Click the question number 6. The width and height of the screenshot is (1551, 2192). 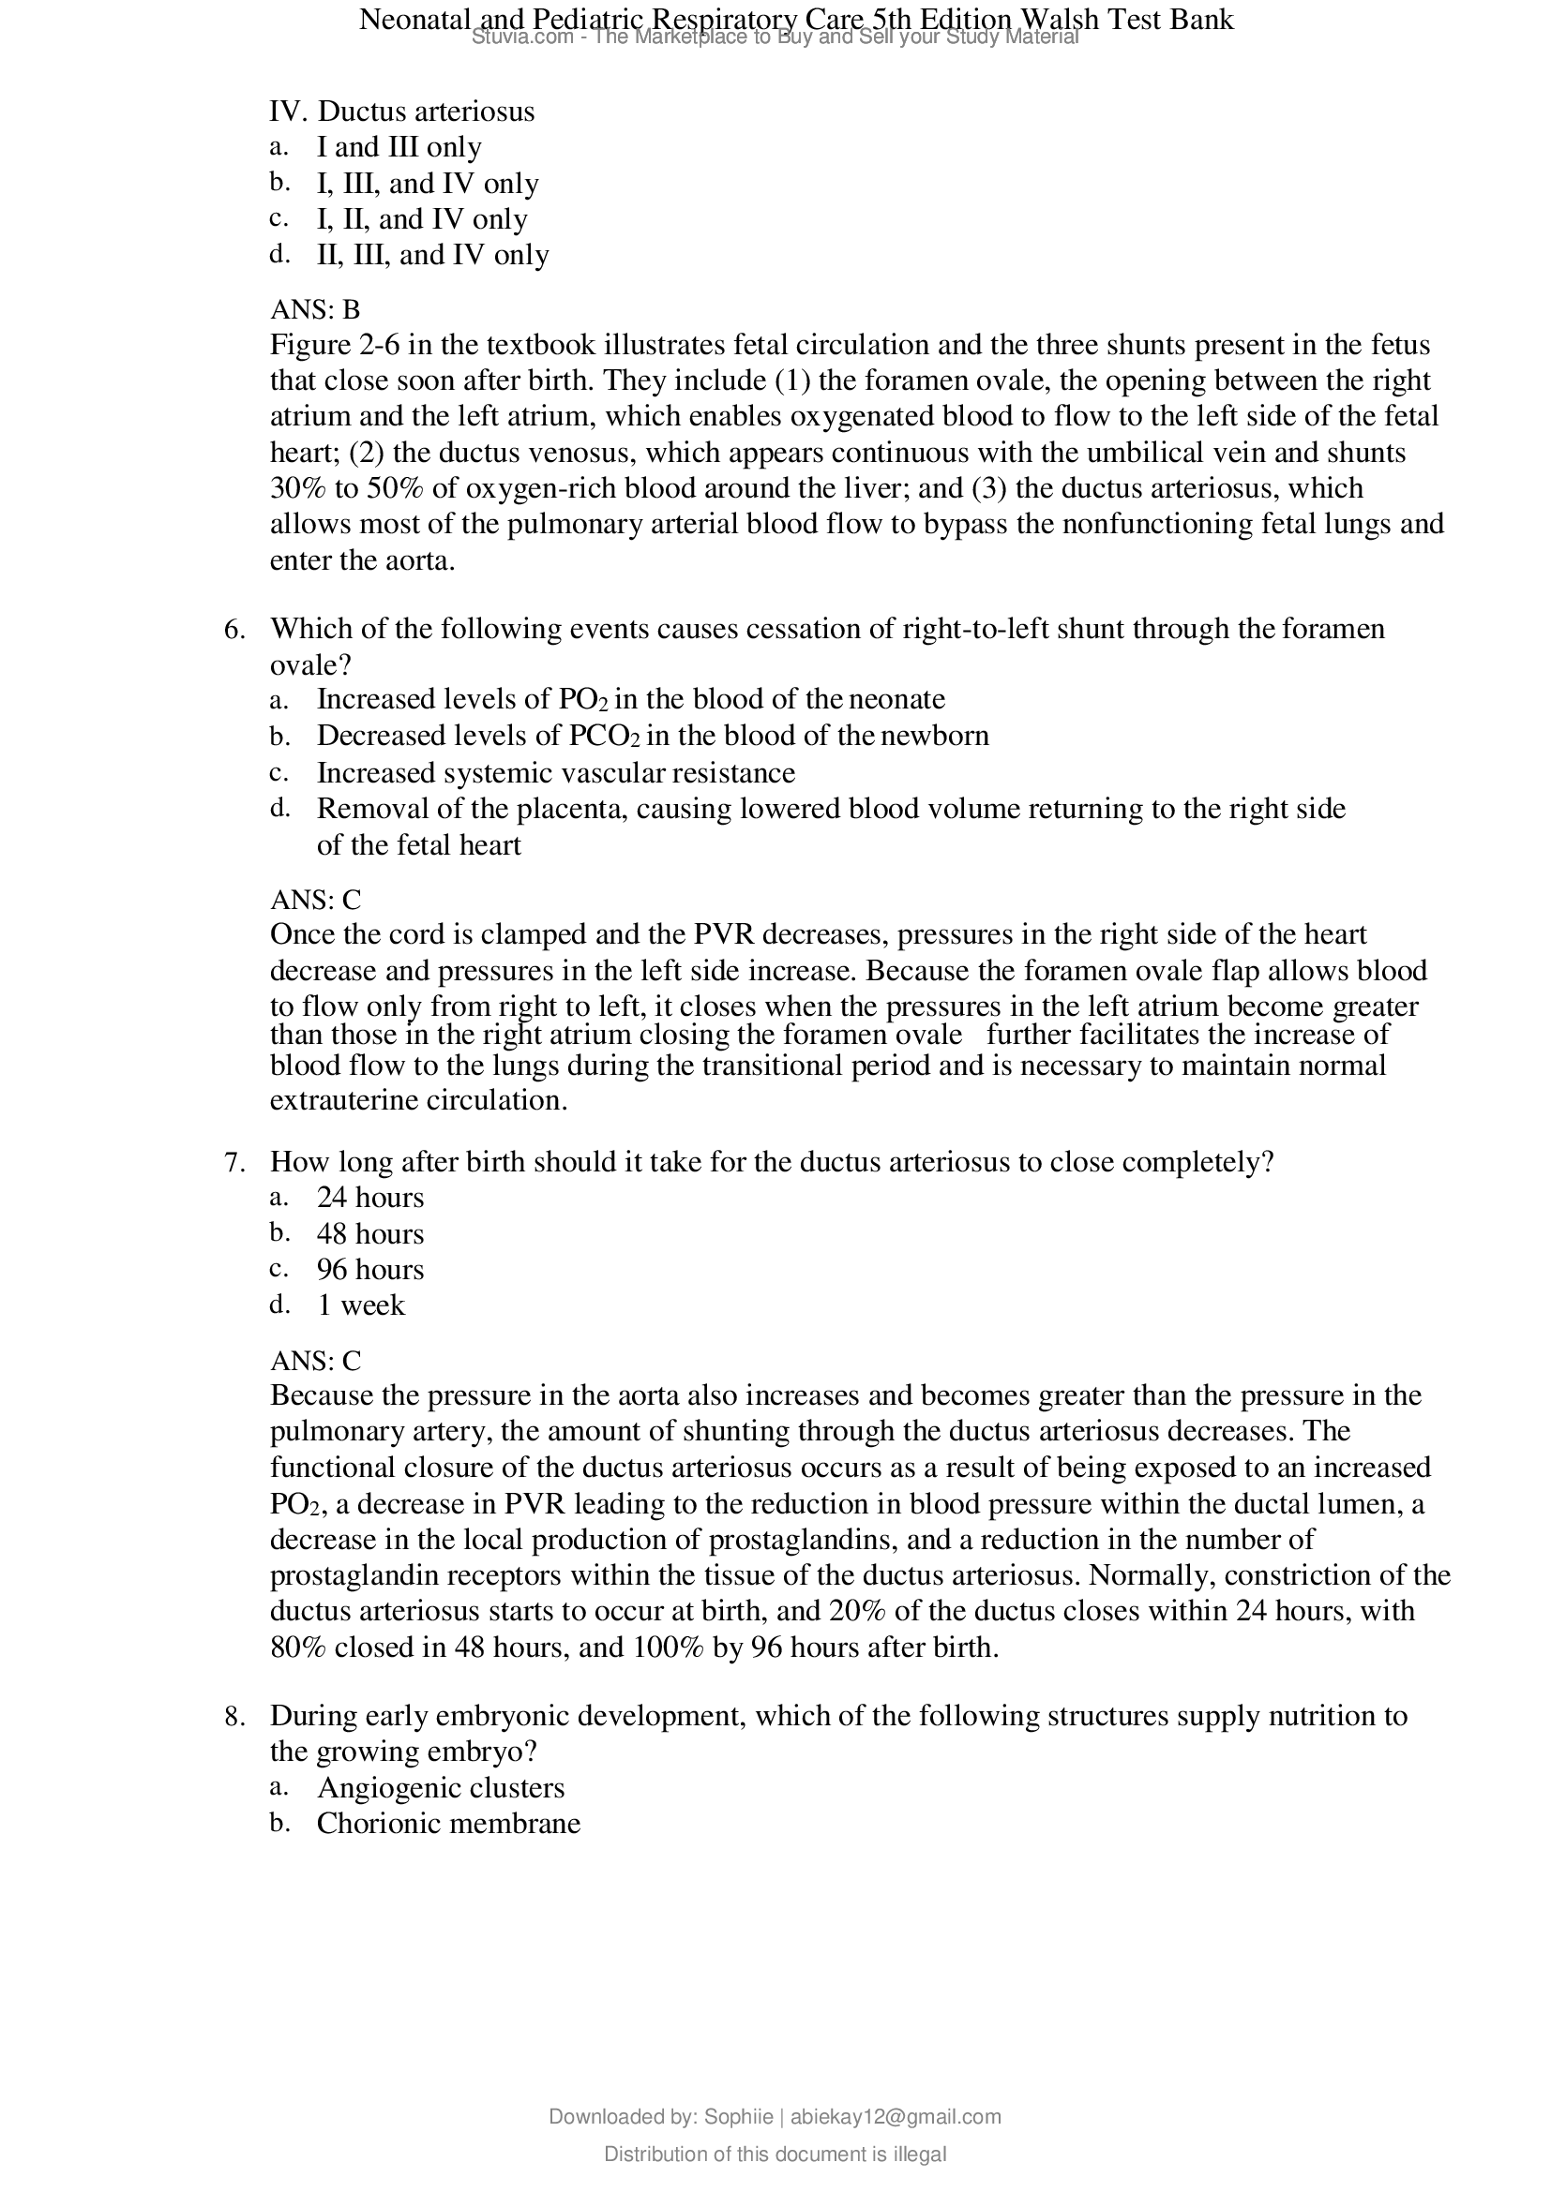(234, 629)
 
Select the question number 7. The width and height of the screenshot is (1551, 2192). (234, 1162)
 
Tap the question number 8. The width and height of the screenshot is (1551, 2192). (234, 1717)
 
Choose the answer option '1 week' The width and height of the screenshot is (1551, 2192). (360, 1305)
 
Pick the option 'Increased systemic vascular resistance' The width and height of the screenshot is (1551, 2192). (555, 772)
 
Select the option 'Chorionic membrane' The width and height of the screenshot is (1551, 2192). (448, 1824)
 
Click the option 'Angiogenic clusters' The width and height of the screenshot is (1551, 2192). (441, 1787)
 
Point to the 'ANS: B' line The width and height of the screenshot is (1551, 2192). (315, 309)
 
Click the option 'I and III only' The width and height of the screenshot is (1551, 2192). (399, 147)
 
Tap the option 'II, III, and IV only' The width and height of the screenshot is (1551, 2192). (431, 255)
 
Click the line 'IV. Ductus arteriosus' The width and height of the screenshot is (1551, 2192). (401, 112)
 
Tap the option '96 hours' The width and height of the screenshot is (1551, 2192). (369, 1270)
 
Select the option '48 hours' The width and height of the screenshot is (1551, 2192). (369, 1233)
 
